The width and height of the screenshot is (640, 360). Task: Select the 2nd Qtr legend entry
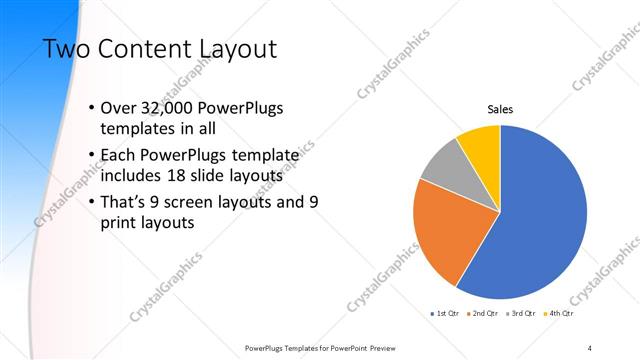(484, 314)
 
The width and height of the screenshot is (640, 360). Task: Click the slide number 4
(590, 347)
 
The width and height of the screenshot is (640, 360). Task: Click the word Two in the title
(65, 49)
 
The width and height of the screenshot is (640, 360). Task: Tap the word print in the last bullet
(121, 222)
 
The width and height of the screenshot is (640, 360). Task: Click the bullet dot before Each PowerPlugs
(91, 156)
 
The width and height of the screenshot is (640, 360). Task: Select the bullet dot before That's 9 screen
(91, 202)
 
